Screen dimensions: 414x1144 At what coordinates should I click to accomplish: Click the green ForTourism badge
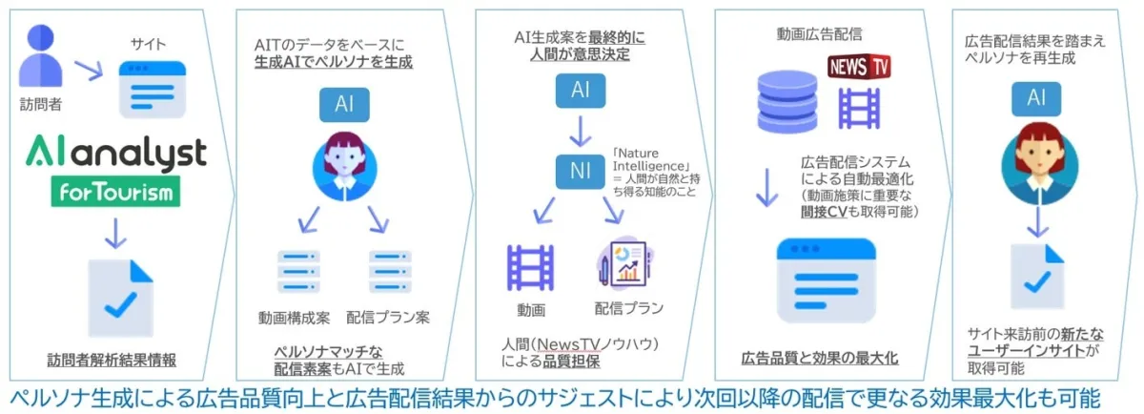115,194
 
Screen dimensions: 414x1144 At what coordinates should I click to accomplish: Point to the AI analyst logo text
115,153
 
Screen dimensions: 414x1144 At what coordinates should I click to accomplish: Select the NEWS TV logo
858,67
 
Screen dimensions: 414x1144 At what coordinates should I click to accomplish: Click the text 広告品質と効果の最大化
820,359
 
